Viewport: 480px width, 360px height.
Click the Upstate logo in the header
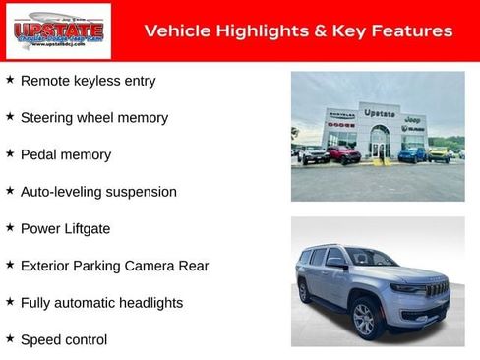coord(46,31)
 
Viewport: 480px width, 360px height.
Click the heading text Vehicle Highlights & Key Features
coord(298,31)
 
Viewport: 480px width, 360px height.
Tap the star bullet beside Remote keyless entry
coord(10,79)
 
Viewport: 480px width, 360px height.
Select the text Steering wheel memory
coord(93,117)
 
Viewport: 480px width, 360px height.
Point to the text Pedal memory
coord(65,154)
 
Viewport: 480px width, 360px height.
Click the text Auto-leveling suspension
coord(98,192)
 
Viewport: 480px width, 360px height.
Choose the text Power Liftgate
coord(65,228)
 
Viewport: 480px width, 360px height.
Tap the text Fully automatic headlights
coord(101,303)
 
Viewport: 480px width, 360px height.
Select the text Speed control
coord(63,339)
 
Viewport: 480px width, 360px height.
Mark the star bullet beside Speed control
coord(10,338)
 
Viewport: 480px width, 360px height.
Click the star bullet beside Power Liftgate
coord(10,227)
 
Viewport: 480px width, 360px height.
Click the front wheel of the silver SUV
coord(364,319)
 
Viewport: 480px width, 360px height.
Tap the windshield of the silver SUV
coord(371,259)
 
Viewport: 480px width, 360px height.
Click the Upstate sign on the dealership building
coord(379,113)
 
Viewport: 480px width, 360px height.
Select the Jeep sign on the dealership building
coord(413,119)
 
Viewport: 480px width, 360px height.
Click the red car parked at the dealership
coord(344,154)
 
